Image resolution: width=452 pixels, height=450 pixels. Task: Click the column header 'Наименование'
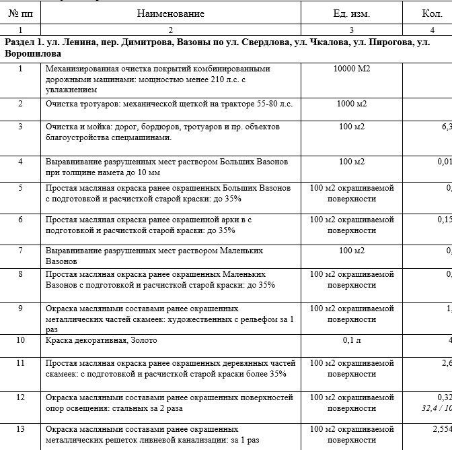[x=170, y=13]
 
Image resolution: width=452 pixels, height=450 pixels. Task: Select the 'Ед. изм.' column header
[x=351, y=13]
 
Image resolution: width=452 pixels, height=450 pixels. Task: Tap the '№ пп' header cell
[x=20, y=13]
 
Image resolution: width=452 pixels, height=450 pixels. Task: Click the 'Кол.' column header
[x=432, y=13]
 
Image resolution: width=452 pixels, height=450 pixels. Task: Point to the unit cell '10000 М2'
[x=351, y=69]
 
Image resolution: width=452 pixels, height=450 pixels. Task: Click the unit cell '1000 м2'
[x=351, y=104]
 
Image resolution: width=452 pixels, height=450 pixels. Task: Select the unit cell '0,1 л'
[x=351, y=340]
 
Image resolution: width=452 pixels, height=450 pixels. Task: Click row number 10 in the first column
[x=20, y=340]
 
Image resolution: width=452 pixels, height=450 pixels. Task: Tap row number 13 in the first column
[x=20, y=429]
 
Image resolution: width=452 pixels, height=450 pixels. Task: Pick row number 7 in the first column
[x=20, y=251]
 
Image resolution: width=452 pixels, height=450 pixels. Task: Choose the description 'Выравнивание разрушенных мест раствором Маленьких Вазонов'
[x=154, y=255]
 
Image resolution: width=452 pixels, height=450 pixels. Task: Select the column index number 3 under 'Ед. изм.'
[x=351, y=30]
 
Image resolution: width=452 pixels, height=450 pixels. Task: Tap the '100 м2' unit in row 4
[x=351, y=162]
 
